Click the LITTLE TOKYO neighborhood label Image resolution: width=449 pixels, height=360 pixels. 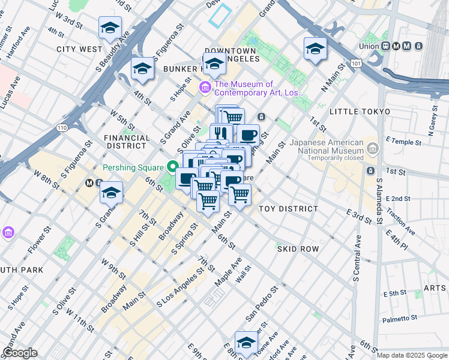click(360, 112)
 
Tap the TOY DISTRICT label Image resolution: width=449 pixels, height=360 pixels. click(288, 209)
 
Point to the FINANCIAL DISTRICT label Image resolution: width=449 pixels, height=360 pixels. click(127, 142)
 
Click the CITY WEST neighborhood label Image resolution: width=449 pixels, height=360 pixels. click(79, 49)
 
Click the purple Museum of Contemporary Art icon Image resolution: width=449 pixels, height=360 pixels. click(205, 88)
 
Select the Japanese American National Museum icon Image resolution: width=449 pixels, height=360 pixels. click(373, 147)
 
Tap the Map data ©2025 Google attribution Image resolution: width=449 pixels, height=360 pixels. click(412, 355)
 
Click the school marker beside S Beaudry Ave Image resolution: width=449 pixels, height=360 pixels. click(110, 28)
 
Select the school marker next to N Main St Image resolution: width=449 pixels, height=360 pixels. click(315, 49)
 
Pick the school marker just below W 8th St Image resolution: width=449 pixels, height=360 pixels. click(111, 193)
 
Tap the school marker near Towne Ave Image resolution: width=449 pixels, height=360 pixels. click(246, 343)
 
